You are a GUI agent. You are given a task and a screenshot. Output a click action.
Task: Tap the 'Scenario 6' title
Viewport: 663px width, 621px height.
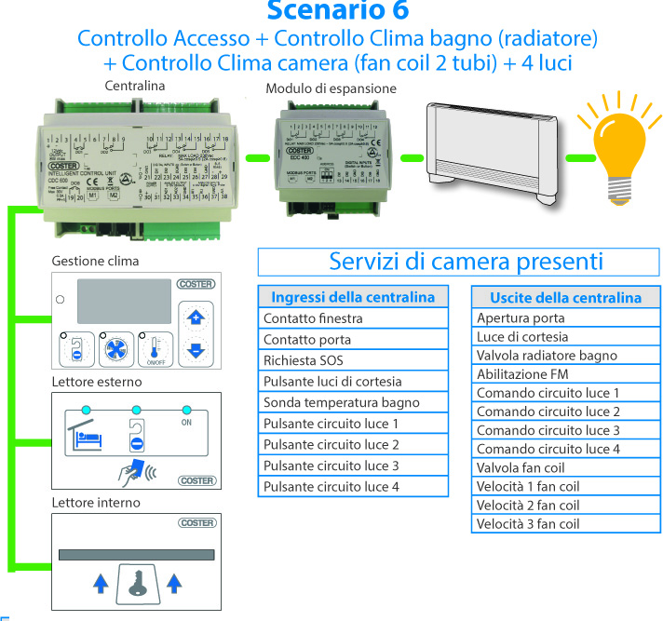click(337, 11)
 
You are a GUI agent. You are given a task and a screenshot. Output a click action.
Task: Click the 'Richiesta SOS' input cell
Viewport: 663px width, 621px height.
click(351, 360)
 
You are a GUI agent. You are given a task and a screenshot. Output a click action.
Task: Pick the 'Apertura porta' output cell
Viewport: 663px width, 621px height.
click(565, 318)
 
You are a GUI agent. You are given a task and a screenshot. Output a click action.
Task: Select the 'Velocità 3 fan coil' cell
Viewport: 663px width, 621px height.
click(565, 523)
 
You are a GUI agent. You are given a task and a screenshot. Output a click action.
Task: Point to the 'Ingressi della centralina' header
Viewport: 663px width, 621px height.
click(351, 298)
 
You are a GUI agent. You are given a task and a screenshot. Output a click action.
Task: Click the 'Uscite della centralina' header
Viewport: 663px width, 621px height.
click(565, 298)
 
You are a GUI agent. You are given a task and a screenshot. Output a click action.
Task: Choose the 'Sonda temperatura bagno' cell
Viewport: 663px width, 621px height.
click(351, 402)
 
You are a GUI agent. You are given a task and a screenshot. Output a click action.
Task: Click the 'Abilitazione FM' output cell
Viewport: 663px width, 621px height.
click(565, 374)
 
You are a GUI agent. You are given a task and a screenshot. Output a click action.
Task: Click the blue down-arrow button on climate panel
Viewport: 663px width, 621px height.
click(195, 351)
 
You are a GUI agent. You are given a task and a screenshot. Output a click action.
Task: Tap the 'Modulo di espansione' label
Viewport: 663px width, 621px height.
click(331, 88)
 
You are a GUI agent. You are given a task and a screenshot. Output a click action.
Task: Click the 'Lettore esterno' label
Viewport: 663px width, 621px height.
click(97, 382)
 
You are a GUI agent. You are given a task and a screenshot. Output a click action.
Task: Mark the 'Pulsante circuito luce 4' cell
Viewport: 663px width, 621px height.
click(351, 486)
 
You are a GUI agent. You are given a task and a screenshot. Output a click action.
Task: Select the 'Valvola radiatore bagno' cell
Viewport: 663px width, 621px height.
click(565, 356)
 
